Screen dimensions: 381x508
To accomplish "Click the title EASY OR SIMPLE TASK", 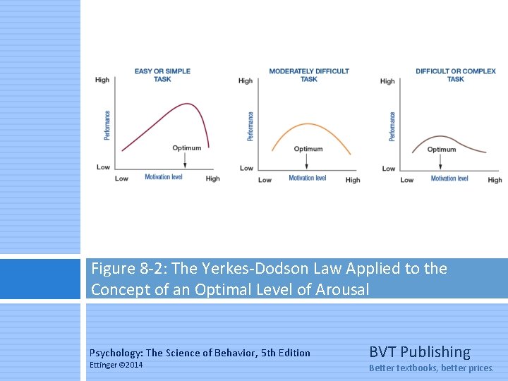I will tap(162, 75).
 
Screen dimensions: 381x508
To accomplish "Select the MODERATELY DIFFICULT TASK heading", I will tap(309, 75).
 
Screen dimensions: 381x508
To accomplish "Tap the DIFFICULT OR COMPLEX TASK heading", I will tap(455, 75).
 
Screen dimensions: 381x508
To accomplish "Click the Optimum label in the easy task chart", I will tap(187, 148).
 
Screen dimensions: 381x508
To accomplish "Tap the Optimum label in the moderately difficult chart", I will tap(308, 149).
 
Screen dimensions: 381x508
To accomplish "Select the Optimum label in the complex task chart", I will tap(442, 150).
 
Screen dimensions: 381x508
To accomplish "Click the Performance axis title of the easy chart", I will tap(107, 125).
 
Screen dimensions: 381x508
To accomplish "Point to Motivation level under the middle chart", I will tap(307, 178).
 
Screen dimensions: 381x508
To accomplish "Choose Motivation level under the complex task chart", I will tap(449, 179).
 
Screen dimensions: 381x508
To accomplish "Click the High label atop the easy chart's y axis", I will tap(102, 80).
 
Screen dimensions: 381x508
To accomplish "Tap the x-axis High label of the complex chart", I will tap(495, 180).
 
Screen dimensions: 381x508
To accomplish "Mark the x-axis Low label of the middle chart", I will tap(265, 180).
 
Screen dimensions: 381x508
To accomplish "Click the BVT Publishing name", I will tap(419, 352).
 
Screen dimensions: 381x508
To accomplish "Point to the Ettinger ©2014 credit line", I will tap(116, 365).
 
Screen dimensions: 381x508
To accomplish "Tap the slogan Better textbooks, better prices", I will tap(431, 368).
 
